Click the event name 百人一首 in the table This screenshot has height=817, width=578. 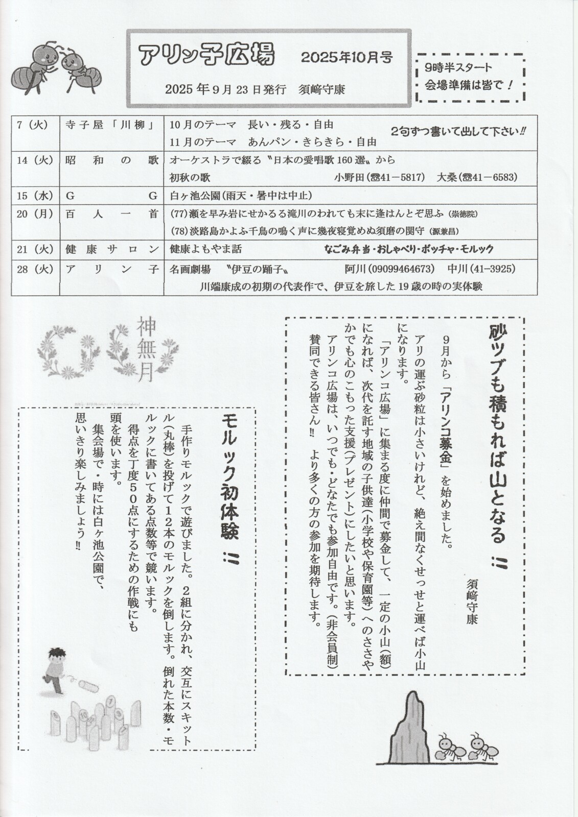pyautogui.click(x=111, y=214)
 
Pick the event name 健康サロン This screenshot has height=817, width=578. pyautogui.click(x=111, y=249)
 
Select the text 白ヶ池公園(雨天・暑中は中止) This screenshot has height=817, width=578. pyautogui.click(x=240, y=196)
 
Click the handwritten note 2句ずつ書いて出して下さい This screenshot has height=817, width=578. pyautogui.click(x=458, y=131)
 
